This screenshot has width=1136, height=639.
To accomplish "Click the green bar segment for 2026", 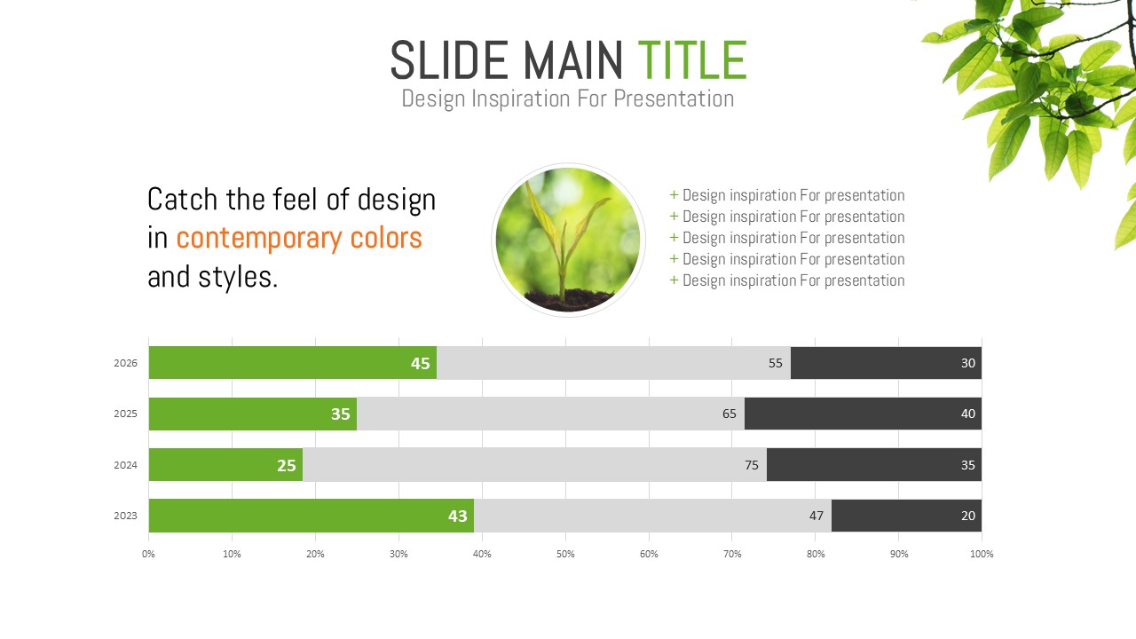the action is [293, 363].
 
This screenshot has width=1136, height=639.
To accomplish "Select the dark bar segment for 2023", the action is [907, 516].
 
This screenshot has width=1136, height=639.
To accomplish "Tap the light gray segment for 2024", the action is [534, 464].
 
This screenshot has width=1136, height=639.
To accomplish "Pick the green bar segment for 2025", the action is [253, 414].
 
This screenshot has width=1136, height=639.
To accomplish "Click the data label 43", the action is [457, 517].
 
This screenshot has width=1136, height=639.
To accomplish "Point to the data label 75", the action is [752, 465].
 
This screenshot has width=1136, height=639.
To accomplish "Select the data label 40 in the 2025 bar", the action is [968, 414].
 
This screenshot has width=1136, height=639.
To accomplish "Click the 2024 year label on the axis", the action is [125, 465].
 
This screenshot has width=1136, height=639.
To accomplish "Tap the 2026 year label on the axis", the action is [125, 363].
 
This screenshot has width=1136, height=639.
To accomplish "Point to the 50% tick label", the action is [565, 554].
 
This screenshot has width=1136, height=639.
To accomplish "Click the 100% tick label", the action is [982, 554].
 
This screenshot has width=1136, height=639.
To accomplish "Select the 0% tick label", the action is [148, 554].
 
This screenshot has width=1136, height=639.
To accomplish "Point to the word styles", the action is [238, 278].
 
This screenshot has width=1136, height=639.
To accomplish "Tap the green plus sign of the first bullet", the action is [674, 194].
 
